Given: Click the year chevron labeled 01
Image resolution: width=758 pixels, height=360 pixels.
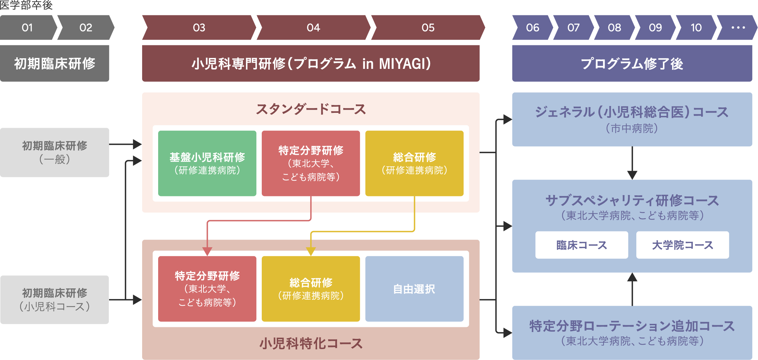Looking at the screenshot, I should coord(27,28).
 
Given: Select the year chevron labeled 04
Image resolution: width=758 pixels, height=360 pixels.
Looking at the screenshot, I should coord(313,28).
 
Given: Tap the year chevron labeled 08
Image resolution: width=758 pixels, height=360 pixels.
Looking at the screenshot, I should coord(614,28).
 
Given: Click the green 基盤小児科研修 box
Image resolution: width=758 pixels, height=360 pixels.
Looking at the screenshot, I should coord(207,163).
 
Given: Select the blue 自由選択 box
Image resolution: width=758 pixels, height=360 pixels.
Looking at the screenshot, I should coord(414,289).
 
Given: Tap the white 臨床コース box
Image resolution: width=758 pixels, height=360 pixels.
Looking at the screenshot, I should coord(581,245).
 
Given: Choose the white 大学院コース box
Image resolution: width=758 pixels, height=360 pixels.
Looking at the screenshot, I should coord(682,245).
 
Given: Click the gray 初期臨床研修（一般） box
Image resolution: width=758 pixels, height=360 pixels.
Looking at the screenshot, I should coord(55,152).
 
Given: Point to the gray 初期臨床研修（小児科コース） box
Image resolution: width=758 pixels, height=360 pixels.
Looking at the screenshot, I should coord(55,300).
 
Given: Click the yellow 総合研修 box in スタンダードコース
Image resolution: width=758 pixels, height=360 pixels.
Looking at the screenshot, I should coord(414,163).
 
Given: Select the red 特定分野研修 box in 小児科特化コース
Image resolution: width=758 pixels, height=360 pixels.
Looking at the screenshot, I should coord(207,289).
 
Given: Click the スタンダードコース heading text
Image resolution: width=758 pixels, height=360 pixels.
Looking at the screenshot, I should coord(310,109).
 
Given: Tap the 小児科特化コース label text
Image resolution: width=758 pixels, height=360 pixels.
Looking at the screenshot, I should coord(310,343).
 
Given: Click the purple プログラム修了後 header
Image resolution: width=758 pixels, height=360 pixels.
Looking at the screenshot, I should coord(632,63).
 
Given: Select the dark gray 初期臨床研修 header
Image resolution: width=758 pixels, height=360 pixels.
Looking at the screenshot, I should coord(55,63).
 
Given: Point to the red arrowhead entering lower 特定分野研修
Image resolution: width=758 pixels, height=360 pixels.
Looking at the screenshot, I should coord(207,252).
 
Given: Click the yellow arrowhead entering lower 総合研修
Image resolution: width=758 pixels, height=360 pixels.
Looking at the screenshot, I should coord(310,252).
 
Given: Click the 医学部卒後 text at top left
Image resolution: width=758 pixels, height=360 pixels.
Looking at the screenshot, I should coord(26,5).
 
